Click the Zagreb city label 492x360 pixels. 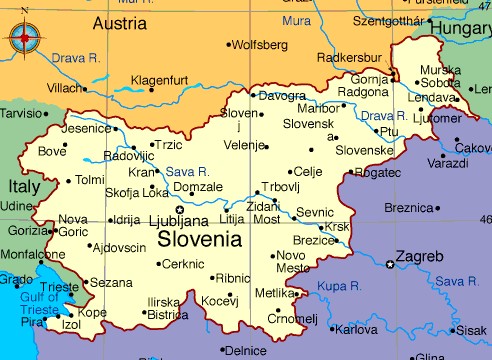pyautogui.click(x=419, y=257)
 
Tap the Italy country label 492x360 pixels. pyautogui.click(x=25, y=186)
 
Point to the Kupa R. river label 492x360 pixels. pyautogui.click(x=339, y=286)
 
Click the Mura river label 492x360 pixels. pyautogui.click(x=296, y=19)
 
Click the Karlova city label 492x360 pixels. pyautogui.click(x=356, y=329)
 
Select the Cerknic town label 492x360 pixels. pyautogui.click(x=183, y=264)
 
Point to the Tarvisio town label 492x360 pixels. pyautogui.click(x=23, y=114)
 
